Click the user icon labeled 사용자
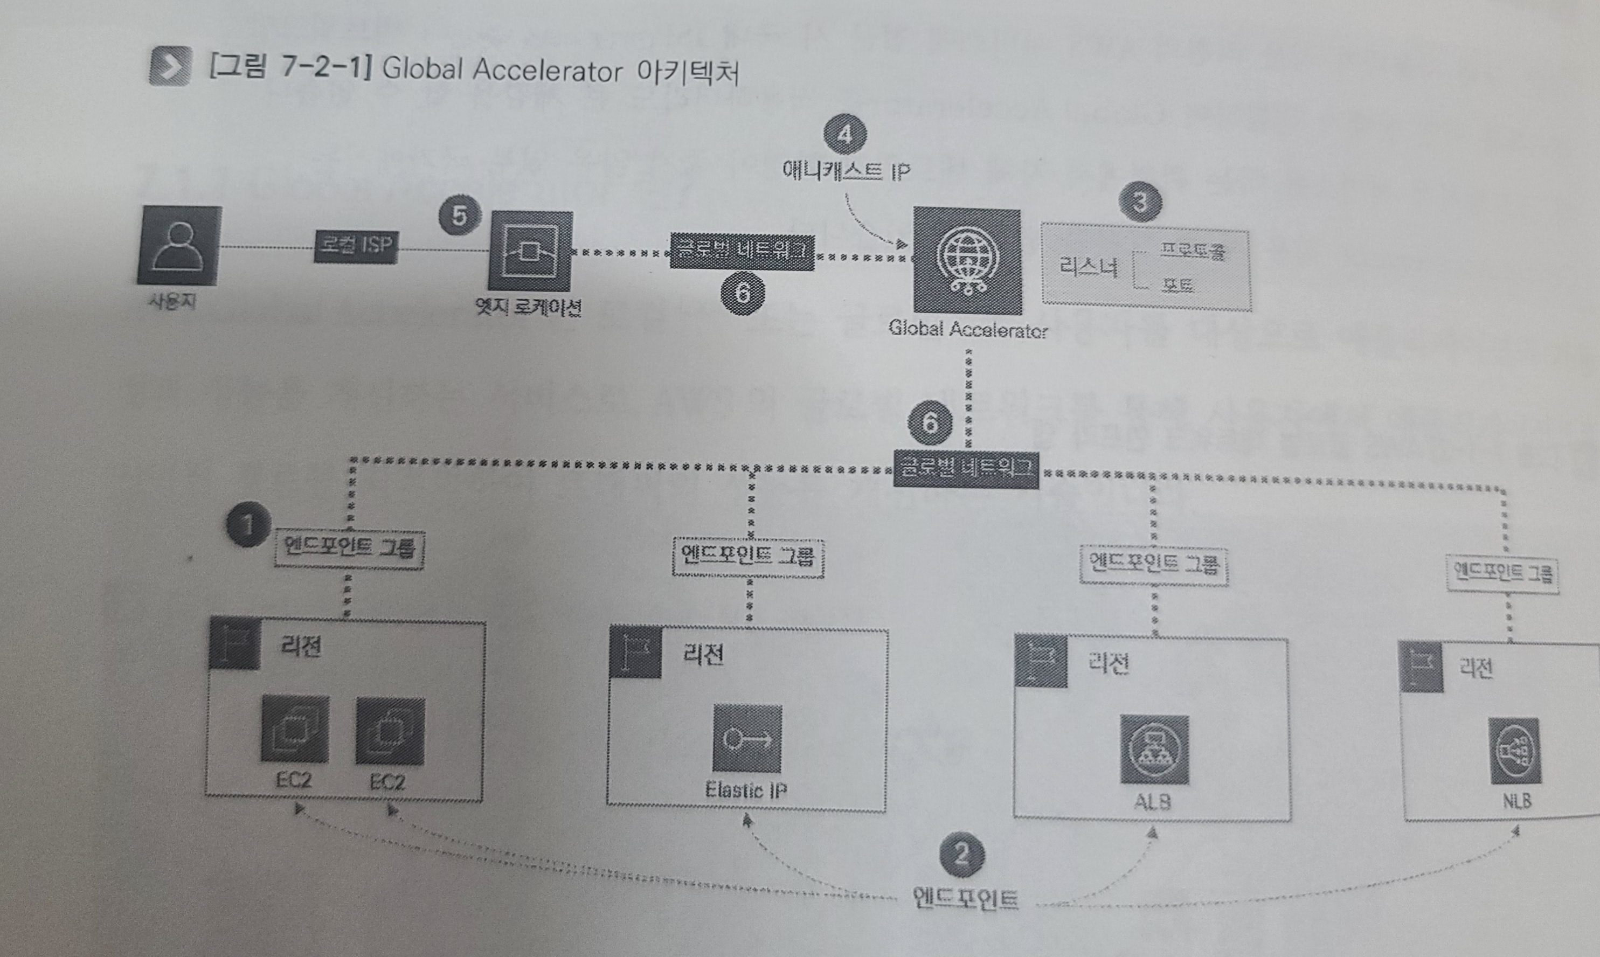[178, 246]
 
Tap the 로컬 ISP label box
[355, 246]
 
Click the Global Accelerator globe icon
[966, 262]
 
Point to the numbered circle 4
[844, 135]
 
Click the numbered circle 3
[1140, 202]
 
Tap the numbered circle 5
[459, 216]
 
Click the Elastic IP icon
[746, 739]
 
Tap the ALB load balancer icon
[1154, 750]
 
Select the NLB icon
[1514, 752]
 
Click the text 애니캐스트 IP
[846, 171]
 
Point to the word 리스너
[1088, 267]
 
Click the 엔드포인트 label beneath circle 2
[965, 898]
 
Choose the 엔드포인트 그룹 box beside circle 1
[349, 548]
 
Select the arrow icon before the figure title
[170, 66]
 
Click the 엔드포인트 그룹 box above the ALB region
[1154, 566]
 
